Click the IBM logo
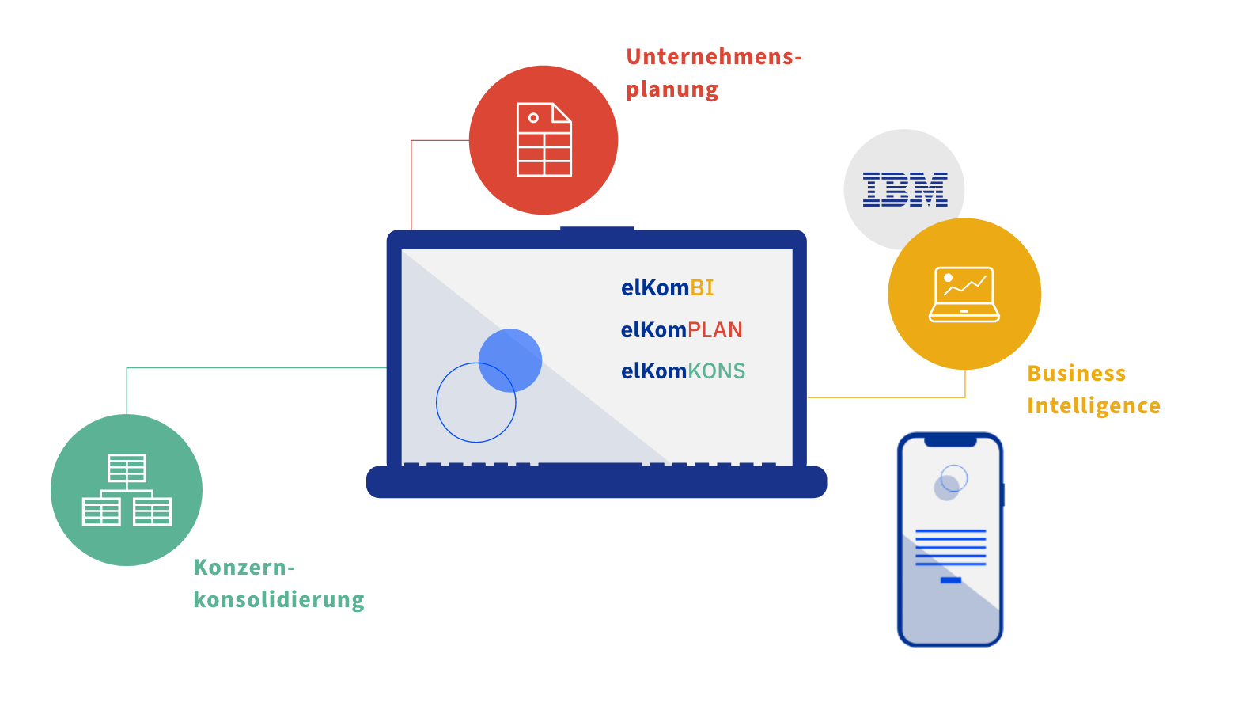(904, 189)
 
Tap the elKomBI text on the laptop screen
(667, 287)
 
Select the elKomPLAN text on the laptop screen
(681, 329)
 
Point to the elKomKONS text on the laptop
(683, 370)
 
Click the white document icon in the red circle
(544, 140)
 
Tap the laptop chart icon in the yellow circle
(964, 294)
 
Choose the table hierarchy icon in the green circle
(127, 490)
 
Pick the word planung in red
(672, 89)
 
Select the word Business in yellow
(1076, 373)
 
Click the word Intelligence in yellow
(1093, 405)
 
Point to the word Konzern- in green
(244, 568)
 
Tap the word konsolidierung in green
(278, 599)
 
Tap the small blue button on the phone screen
(950, 580)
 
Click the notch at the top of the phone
(950, 440)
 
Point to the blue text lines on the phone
(950, 547)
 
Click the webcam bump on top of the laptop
(597, 230)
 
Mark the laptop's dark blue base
(597, 482)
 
